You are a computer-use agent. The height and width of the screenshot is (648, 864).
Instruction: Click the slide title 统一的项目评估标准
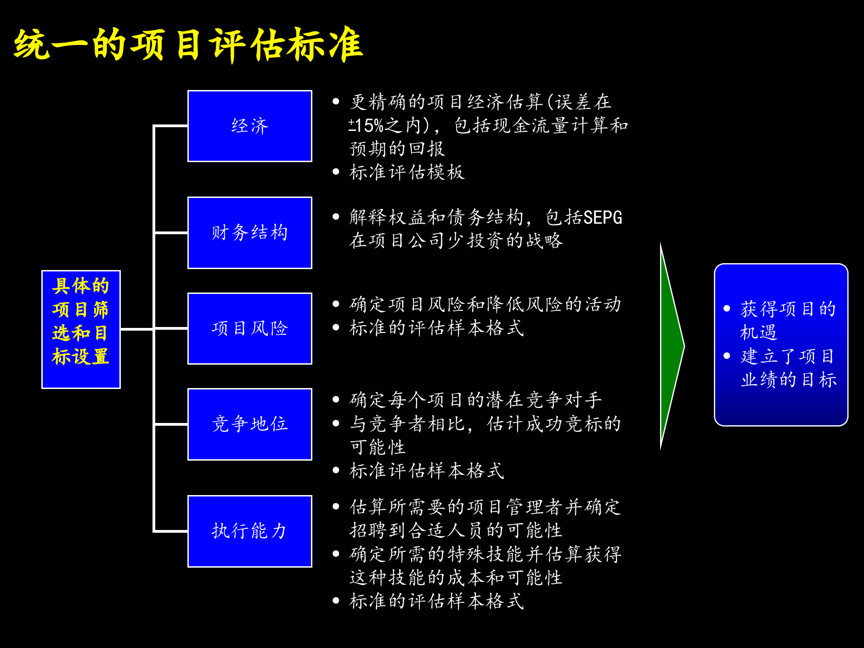[x=188, y=45]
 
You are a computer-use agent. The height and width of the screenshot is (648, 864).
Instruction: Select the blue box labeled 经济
[x=250, y=126]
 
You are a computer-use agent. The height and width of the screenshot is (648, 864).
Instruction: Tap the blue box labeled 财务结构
[x=250, y=233]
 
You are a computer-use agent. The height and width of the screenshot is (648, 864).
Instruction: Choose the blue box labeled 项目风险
[x=250, y=328]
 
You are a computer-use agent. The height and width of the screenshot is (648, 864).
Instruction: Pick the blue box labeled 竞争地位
[x=250, y=424]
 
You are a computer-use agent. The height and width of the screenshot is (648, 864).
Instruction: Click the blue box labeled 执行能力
[x=250, y=531]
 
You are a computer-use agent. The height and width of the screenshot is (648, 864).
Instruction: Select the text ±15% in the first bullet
[x=366, y=126]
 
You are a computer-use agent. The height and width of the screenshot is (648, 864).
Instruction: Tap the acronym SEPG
[x=603, y=218]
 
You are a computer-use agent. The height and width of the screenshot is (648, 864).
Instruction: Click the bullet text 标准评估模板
[x=407, y=172]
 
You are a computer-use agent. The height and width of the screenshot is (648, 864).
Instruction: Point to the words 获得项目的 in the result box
[x=788, y=309]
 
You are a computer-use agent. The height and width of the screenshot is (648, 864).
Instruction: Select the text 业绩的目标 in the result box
[x=788, y=380]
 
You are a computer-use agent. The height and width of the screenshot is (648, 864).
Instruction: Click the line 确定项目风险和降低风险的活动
[x=485, y=304]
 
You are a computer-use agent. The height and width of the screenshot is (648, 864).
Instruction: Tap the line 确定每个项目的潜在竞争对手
[x=475, y=400]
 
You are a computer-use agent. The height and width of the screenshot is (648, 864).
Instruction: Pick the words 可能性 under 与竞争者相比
[x=378, y=447]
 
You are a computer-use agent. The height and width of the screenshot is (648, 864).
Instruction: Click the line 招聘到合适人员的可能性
[x=456, y=530]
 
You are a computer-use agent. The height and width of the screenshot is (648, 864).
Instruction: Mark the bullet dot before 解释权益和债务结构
[x=336, y=217]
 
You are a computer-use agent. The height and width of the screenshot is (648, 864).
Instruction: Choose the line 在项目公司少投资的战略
[x=456, y=241]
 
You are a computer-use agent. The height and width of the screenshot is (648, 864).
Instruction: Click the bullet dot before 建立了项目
[x=727, y=356]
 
